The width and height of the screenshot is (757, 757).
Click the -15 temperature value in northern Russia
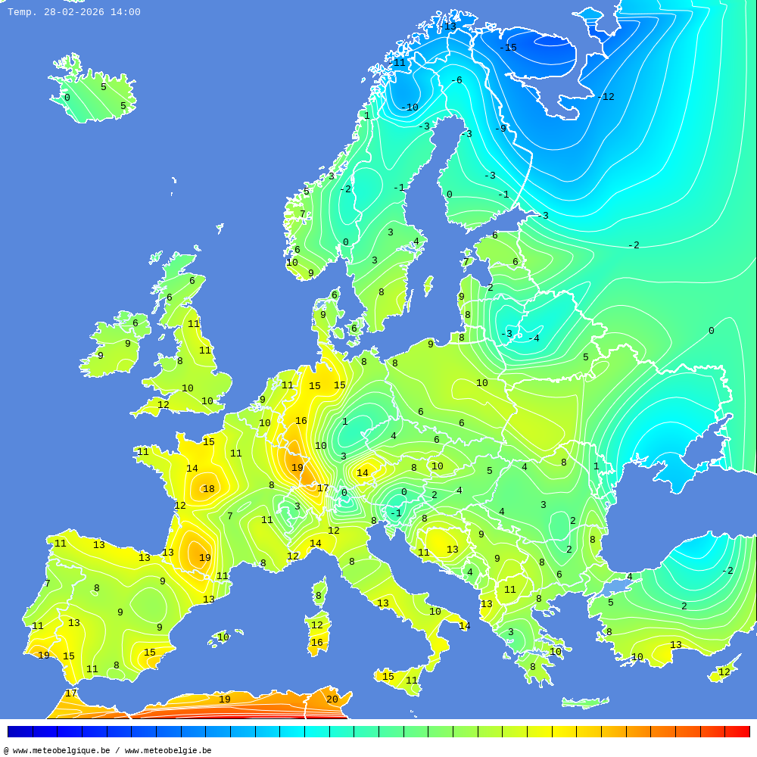point(508,48)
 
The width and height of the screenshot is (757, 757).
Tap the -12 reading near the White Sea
point(606,97)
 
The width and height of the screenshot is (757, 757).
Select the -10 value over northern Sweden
point(410,107)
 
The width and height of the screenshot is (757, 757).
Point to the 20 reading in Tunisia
point(332,699)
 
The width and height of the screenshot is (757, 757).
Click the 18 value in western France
point(208,489)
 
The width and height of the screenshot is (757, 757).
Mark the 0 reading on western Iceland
point(67,98)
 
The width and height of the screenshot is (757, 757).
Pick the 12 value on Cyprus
point(724,672)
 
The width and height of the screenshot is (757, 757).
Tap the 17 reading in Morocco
point(71,693)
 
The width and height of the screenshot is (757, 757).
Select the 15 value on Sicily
point(388,677)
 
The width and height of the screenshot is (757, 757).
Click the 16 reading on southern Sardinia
point(317,643)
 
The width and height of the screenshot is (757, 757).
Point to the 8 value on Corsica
point(319,596)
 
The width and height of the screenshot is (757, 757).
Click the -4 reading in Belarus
point(534,338)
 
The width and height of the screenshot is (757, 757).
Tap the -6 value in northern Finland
point(456,80)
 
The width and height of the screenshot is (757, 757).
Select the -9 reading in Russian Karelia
point(500,129)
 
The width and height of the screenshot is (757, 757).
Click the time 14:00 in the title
point(125,12)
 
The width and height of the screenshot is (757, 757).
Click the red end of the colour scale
point(738,731)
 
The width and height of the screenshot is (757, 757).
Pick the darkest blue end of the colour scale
point(20,731)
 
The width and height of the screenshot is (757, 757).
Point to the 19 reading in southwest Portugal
point(44,656)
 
